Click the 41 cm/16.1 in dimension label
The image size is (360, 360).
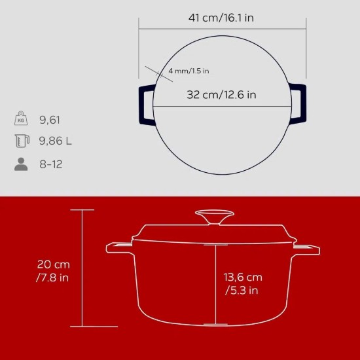click(222, 18)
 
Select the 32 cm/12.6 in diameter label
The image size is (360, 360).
click(221, 95)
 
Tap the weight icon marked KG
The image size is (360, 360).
click(22, 119)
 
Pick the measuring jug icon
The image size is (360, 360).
click(22, 141)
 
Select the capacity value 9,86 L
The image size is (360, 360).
click(58, 141)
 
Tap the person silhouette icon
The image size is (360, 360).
click(22, 164)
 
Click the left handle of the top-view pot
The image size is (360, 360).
click(145, 105)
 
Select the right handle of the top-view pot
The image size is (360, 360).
click(298, 105)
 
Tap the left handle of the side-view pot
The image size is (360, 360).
click(119, 248)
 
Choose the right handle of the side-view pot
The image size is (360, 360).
click(307, 249)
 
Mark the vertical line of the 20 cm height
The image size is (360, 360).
click(82, 268)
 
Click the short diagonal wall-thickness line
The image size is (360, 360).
click(157, 73)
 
